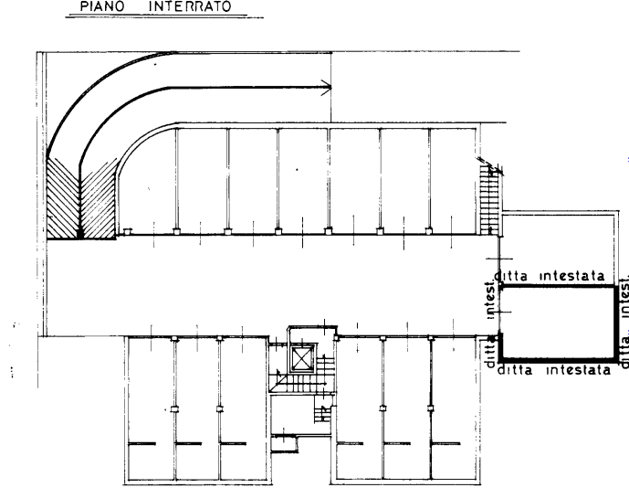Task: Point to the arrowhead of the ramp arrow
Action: pyautogui.click(x=324, y=89)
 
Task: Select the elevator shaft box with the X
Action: pyautogui.click(x=302, y=356)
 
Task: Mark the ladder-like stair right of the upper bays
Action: pyautogui.click(x=490, y=196)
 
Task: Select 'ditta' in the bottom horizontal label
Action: pyautogui.click(x=522, y=370)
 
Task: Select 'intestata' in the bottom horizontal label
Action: pyautogui.click(x=579, y=370)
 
